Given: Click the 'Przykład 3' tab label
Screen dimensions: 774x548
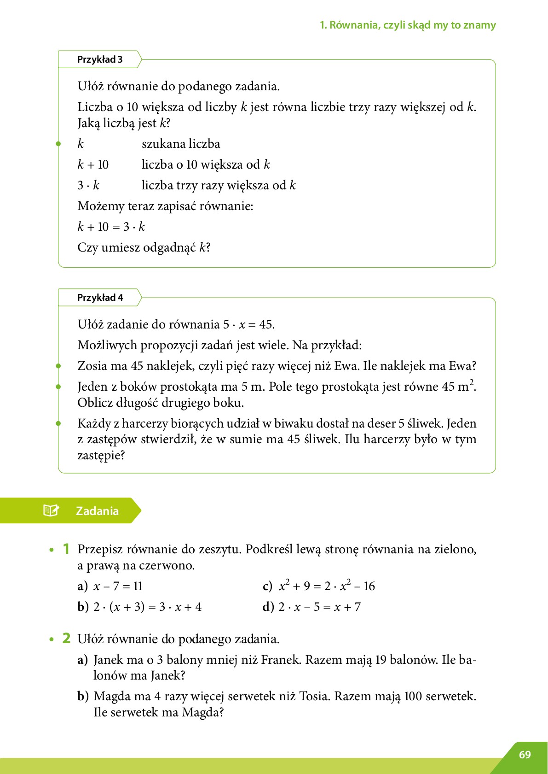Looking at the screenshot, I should pos(100,59).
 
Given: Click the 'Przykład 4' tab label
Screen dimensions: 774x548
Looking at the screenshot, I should pos(100,298).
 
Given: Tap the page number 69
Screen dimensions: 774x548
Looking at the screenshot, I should pos(525,755).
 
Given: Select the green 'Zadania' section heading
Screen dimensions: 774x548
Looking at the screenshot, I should pos(97,511).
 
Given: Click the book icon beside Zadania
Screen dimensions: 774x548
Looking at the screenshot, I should pos(51,510).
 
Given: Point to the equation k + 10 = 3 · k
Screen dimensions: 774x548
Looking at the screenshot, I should pos(111,227).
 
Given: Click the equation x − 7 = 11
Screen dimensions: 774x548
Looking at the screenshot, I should pos(118,586).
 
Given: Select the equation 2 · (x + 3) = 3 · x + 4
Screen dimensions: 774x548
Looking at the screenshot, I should pos(147,607).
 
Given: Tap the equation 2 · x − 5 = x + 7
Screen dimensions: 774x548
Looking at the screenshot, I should pos(319,607).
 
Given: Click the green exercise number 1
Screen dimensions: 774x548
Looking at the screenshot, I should pos(66,549).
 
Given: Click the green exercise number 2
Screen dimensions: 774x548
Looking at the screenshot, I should pos(66,639).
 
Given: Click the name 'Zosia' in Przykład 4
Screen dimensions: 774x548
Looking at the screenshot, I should pos(92,366).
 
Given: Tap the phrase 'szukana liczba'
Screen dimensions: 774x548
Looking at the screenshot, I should pos(181,144).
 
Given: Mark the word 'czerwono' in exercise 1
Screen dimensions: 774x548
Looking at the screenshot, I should pos(167,565).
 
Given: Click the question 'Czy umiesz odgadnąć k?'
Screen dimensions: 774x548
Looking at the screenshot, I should pos(144,247).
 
